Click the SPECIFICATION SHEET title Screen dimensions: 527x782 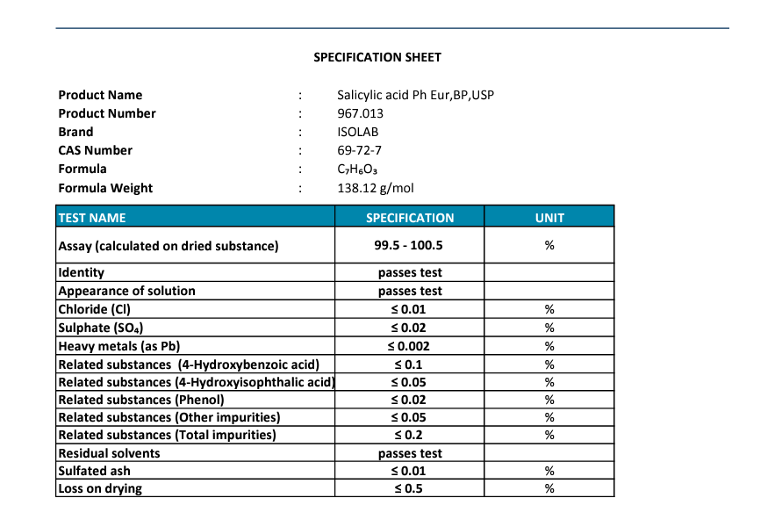point(377,58)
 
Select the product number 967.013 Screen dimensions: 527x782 point(360,113)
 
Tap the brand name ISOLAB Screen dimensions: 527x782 point(357,132)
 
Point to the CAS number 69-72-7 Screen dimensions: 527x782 point(359,150)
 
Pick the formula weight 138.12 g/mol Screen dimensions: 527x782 point(375,188)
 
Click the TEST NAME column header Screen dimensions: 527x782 point(92,218)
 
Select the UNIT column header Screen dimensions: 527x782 point(549,218)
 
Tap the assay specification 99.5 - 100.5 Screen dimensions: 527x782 point(410,246)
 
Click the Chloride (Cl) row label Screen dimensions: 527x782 point(95,309)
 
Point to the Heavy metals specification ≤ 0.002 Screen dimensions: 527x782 point(409,346)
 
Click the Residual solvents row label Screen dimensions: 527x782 point(109,453)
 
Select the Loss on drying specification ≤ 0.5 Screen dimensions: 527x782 point(409,488)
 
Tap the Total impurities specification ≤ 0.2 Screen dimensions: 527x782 point(409,435)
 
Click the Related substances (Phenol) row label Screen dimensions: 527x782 point(141,400)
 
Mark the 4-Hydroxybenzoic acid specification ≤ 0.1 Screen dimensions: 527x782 point(409,364)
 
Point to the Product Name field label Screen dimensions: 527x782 point(100,95)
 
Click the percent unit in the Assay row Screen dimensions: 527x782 point(549,246)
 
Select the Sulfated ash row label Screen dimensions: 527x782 point(94,471)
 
